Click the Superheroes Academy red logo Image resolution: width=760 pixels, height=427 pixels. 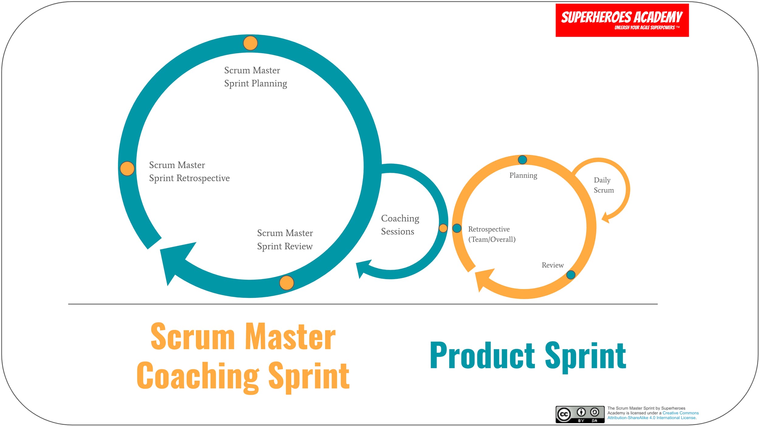pyautogui.click(x=622, y=20)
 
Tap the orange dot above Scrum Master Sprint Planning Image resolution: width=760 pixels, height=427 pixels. pyautogui.click(x=250, y=43)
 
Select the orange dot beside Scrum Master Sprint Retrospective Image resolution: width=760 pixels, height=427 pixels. pyautogui.click(x=127, y=169)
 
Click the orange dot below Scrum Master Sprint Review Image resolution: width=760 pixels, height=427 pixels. pyautogui.click(x=286, y=283)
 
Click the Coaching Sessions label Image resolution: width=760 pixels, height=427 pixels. pyautogui.click(x=399, y=225)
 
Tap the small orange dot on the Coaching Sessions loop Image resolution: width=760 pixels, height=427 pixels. pyautogui.click(x=443, y=228)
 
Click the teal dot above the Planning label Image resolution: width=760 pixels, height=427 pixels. pyautogui.click(x=522, y=160)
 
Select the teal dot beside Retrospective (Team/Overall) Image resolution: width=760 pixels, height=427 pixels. pyautogui.click(x=457, y=228)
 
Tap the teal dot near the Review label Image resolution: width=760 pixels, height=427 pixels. pyautogui.click(x=571, y=275)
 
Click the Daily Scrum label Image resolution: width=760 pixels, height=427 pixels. pyautogui.click(x=603, y=185)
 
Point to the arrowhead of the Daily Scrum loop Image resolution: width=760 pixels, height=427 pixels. pyautogui.click(x=606, y=218)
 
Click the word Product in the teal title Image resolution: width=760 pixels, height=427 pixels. pyautogui.click(x=482, y=355)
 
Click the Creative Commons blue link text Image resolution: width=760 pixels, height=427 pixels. pyautogui.click(x=680, y=413)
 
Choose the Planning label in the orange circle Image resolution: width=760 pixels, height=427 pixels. pyautogui.click(x=523, y=176)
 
